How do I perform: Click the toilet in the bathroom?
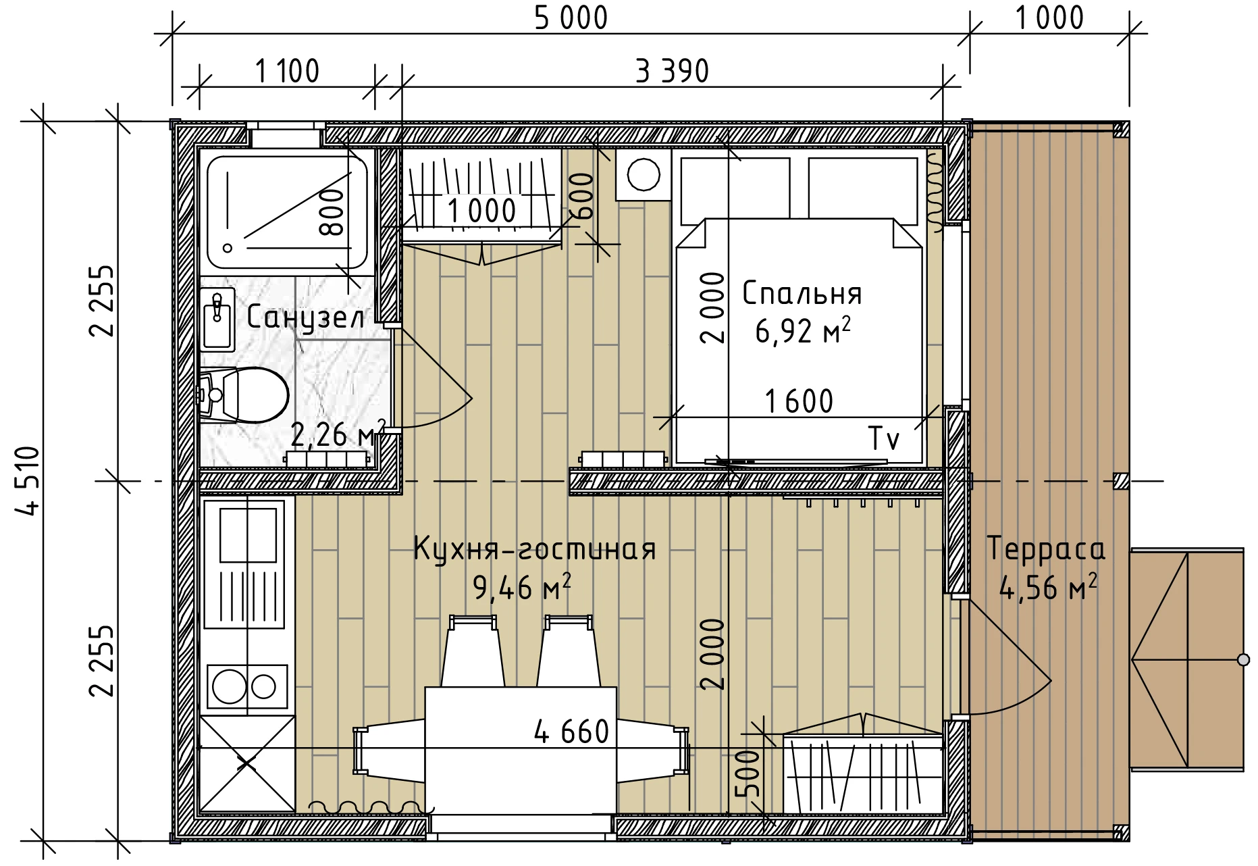tap(243, 394)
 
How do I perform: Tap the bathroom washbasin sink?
tap(217, 319)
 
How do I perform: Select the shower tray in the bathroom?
tap(287, 212)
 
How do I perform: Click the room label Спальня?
tap(802, 294)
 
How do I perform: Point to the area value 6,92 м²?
tap(802, 331)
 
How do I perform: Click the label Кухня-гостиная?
tap(534, 549)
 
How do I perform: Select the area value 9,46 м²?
tap(522, 587)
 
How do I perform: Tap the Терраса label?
tap(1046, 549)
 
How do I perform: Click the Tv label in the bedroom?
tap(883, 438)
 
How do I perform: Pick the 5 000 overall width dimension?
tap(571, 18)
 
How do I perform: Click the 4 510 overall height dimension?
tap(29, 480)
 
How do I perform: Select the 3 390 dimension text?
tap(672, 71)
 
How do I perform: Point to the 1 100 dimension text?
tap(287, 71)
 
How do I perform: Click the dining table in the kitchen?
tap(521, 750)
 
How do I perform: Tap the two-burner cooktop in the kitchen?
tap(247, 686)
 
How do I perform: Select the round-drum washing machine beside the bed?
tap(643, 174)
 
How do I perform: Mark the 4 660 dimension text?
tap(571, 732)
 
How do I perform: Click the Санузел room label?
tap(305, 317)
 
